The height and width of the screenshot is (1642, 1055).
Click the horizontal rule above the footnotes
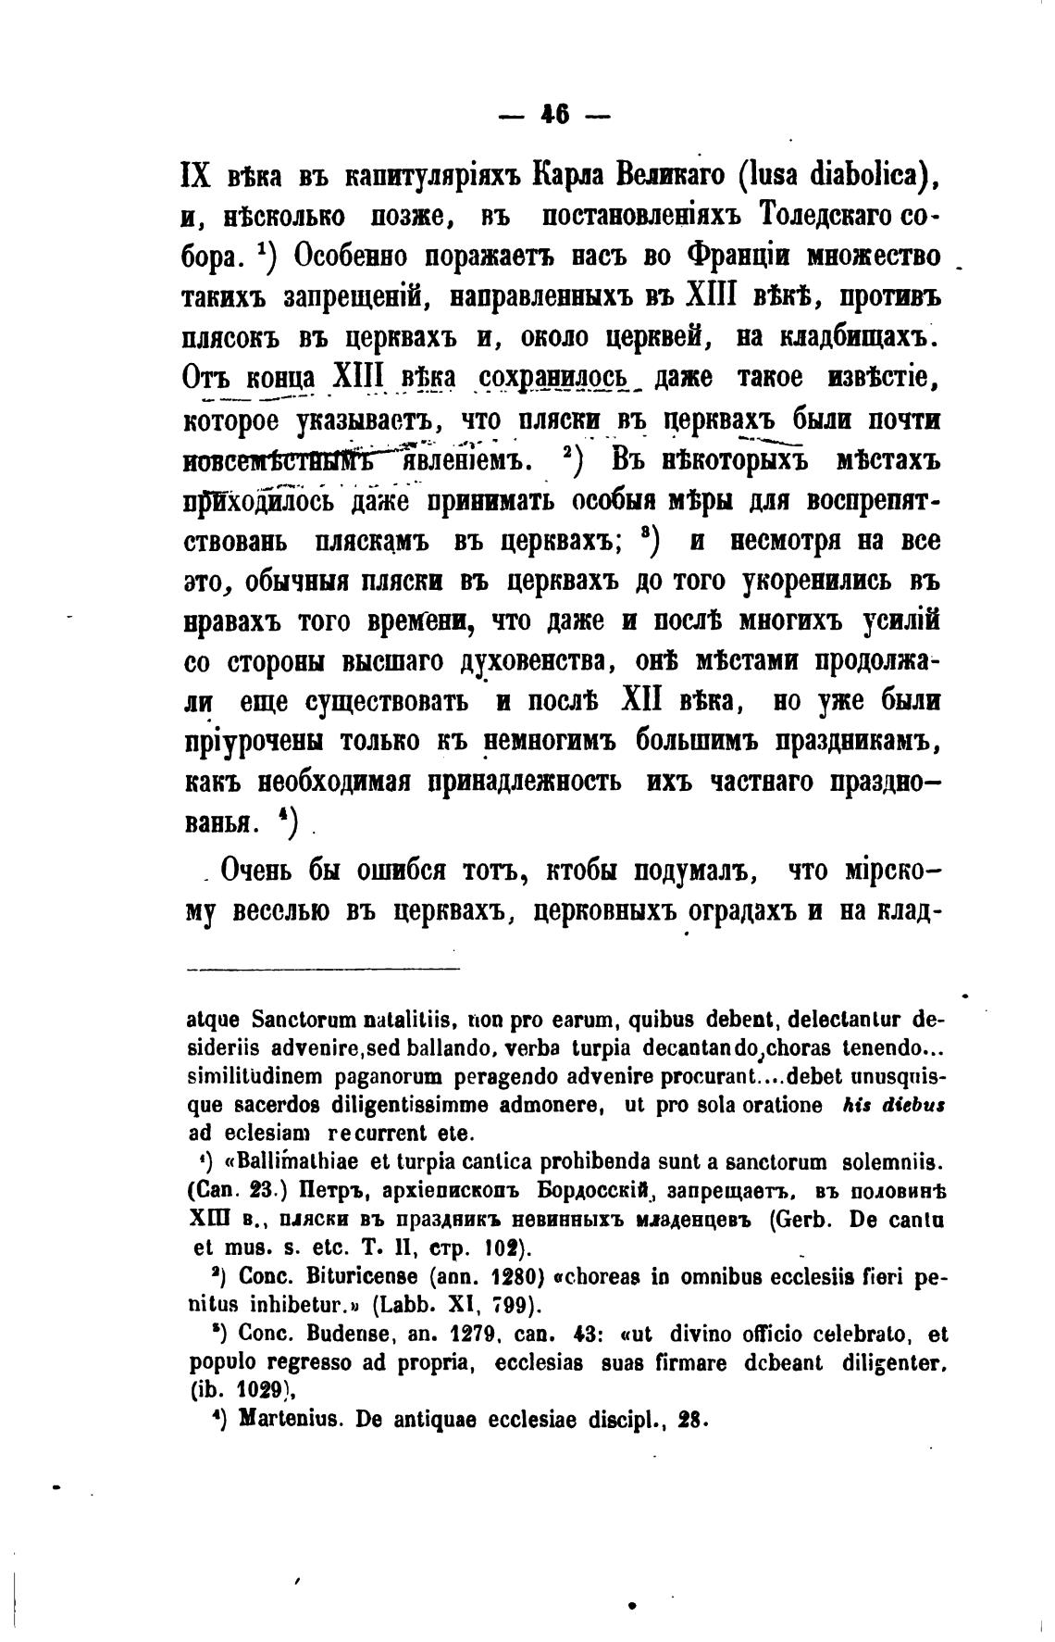point(323,970)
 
